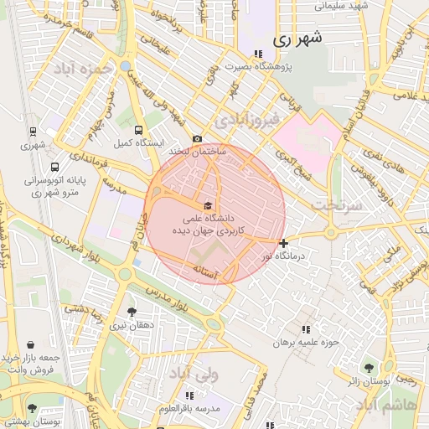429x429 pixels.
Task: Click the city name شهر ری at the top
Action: [x=297, y=39]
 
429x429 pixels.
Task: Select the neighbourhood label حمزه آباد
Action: [x=84, y=69]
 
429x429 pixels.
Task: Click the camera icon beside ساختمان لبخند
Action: [x=197, y=139]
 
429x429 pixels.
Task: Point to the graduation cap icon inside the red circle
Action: [x=207, y=205]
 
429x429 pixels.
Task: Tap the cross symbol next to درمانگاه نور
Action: [x=284, y=243]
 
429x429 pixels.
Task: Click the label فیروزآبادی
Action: [x=243, y=121]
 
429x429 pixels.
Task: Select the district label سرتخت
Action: [x=333, y=204]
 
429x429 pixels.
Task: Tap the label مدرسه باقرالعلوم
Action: [x=189, y=408]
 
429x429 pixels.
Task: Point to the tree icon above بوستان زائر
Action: [x=369, y=366]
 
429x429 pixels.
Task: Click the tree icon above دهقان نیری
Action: [x=132, y=311]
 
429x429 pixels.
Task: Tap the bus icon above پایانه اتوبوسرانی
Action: [x=54, y=167]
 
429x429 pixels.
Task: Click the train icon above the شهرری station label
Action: [x=32, y=131]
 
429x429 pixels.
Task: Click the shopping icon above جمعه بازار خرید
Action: [x=30, y=344]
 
